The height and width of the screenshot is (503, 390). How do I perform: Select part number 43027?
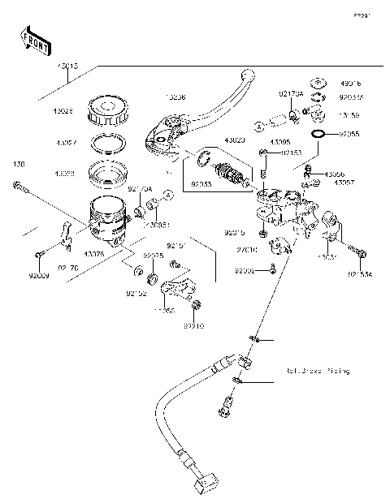[67, 142]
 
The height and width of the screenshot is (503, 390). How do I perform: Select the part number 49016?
[351, 83]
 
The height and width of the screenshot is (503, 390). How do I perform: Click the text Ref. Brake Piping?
[317, 371]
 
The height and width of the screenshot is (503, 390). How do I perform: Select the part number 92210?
[193, 326]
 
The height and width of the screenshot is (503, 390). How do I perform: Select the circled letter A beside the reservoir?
[167, 195]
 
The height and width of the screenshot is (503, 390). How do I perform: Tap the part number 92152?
[135, 294]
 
